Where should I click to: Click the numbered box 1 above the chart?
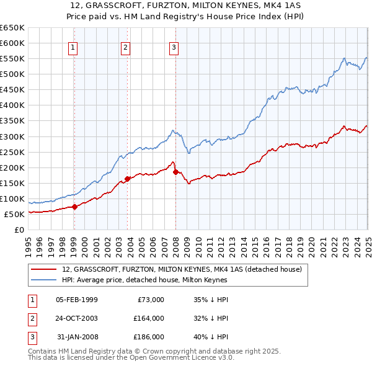coord(73,47)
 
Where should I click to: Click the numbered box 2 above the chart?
coord(125,47)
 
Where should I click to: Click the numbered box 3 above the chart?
coord(174,47)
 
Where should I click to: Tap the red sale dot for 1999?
coord(74,207)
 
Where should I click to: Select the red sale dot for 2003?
coord(127,179)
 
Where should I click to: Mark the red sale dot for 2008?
coord(175,172)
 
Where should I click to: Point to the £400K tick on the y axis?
coord(12,105)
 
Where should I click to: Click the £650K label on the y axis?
coord(12,28)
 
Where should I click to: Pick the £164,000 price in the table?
coord(149,318)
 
